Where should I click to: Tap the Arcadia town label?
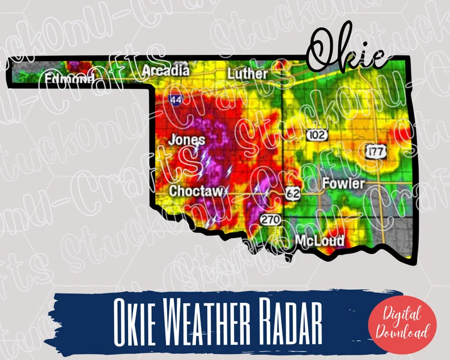(x=165, y=71)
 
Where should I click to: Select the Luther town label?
(x=248, y=74)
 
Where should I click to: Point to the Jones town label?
(x=187, y=139)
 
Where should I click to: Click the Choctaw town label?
(x=196, y=191)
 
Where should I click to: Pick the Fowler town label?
(x=343, y=184)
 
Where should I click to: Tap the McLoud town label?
(x=320, y=240)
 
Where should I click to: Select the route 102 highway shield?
(x=316, y=135)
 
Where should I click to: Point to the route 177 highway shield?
(x=376, y=151)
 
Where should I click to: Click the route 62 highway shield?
(x=292, y=193)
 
